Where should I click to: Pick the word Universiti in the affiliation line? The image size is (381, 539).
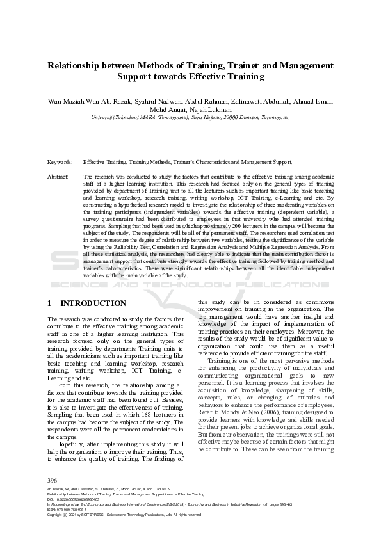[104, 117]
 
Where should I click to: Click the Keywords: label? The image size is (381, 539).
[60, 162]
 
